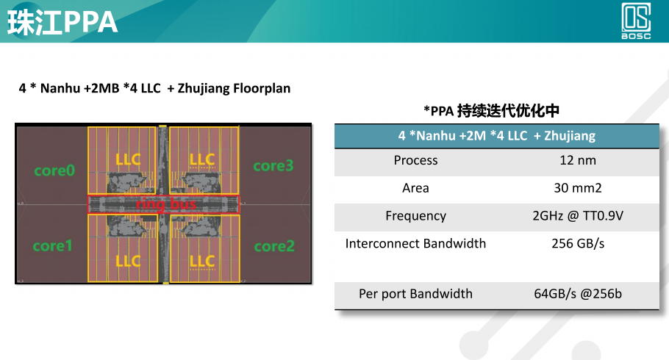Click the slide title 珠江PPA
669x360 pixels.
click(62, 22)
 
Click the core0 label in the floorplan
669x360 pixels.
click(54, 170)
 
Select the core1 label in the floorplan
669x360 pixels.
click(53, 246)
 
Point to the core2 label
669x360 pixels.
click(273, 246)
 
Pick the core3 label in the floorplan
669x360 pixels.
click(273, 166)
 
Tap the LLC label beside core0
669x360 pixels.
click(128, 159)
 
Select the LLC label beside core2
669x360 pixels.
click(201, 262)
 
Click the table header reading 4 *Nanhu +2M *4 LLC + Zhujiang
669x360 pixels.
click(496, 136)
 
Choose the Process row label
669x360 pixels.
click(415, 160)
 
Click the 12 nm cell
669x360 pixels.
click(577, 160)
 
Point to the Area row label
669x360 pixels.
click(415, 188)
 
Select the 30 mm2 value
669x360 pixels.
click(577, 188)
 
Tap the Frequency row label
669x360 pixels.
click(415, 216)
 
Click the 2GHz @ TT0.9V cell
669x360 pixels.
click(577, 216)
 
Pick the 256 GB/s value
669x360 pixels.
click(577, 243)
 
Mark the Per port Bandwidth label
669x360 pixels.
click(415, 294)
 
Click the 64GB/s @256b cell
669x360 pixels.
click(577, 294)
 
